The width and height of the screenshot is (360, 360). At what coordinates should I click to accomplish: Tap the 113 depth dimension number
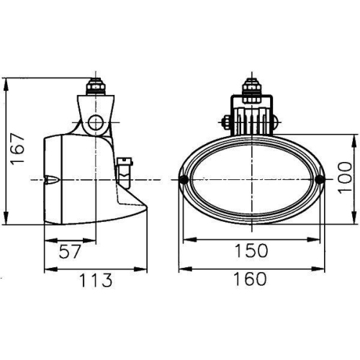coord(96,279)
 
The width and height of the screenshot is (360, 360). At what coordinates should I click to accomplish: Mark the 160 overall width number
coord(251,279)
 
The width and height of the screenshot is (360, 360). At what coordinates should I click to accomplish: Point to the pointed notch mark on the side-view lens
coord(53,179)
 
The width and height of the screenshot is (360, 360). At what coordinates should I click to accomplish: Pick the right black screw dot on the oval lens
coord(319,179)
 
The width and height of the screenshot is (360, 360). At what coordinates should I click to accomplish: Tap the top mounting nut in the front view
coord(251,87)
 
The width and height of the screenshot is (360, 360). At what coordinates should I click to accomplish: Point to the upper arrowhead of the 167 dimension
coord(7,82)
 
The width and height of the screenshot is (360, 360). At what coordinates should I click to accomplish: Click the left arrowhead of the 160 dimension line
coord(181,269)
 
